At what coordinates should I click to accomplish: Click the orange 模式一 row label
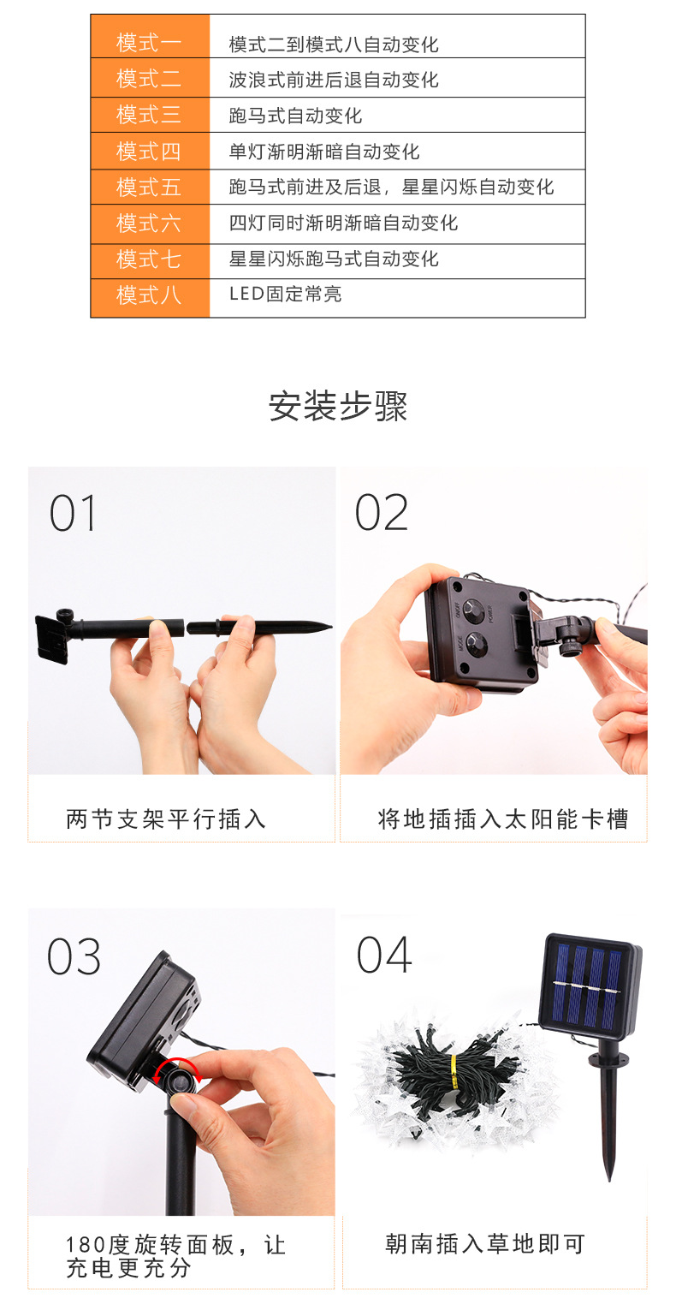click(x=149, y=43)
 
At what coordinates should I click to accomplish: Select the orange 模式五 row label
click(x=149, y=188)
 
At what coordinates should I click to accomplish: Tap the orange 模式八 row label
click(x=149, y=295)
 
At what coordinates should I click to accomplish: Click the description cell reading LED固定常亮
click(x=286, y=294)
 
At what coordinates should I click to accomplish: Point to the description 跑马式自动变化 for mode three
click(x=295, y=116)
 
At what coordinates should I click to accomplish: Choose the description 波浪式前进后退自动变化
click(x=334, y=80)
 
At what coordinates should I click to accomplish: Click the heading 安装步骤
click(x=338, y=406)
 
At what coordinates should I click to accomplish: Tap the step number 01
click(x=73, y=513)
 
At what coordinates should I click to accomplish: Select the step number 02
click(x=381, y=513)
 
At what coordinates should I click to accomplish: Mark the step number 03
click(x=74, y=957)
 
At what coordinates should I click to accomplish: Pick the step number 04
click(x=384, y=956)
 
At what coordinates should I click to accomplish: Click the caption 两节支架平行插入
click(x=166, y=819)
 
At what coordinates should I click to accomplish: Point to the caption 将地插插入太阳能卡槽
click(x=503, y=819)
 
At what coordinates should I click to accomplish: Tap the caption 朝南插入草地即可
click(x=485, y=1244)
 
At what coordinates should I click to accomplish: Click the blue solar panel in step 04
click(x=589, y=987)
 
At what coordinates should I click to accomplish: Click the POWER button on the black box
click(x=472, y=611)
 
